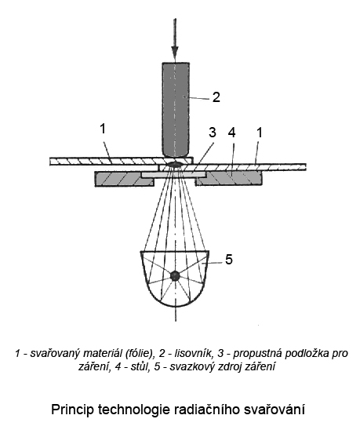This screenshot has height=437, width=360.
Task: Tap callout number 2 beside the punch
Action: [216, 97]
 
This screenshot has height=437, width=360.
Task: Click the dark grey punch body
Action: [176, 110]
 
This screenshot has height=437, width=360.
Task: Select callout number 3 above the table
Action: [213, 132]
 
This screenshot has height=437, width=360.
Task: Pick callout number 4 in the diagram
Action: [231, 133]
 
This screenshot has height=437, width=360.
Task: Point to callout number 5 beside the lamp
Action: [229, 260]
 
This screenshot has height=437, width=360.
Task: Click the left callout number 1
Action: [103, 129]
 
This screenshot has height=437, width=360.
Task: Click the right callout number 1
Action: [260, 133]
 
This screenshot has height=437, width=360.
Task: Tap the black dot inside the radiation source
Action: [175, 275]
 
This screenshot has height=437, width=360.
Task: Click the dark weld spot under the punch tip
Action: [175, 164]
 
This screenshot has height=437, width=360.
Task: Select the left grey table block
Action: [124, 179]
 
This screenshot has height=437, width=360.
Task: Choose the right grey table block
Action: [229, 179]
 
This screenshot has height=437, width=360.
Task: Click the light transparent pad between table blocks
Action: [173, 174]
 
